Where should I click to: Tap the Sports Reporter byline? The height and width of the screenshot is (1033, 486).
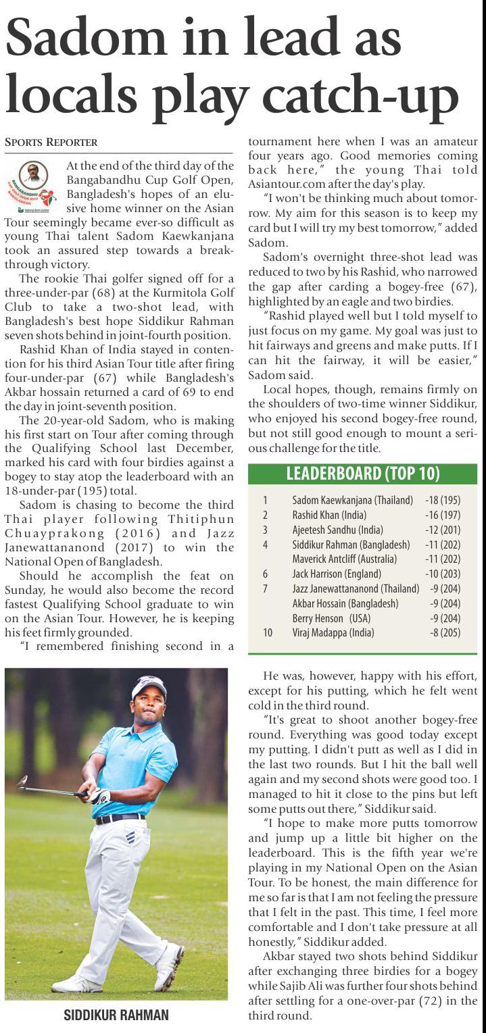click(x=51, y=143)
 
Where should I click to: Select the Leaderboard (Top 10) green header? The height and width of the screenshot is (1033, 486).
click(x=363, y=474)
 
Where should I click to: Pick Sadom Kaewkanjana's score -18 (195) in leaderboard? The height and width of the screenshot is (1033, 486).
click(x=443, y=501)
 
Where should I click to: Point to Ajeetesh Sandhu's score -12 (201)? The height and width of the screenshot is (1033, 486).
click(x=443, y=530)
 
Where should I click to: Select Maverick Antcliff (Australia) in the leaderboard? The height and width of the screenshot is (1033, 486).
click(x=344, y=559)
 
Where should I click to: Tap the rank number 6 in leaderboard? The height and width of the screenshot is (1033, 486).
click(x=266, y=574)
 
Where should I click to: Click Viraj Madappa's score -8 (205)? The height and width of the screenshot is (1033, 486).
click(x=445, y=633)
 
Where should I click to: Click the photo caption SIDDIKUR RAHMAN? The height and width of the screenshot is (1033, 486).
click(x=116, y=1015)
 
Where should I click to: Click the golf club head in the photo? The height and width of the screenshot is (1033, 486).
click(x=22, y=782)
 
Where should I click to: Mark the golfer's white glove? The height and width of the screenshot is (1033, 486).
click(x=99, y=795)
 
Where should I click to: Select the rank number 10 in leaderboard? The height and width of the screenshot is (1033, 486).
click(x=268, y=633)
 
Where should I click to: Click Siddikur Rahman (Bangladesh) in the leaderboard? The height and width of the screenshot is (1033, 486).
click(x=351, y=545)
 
